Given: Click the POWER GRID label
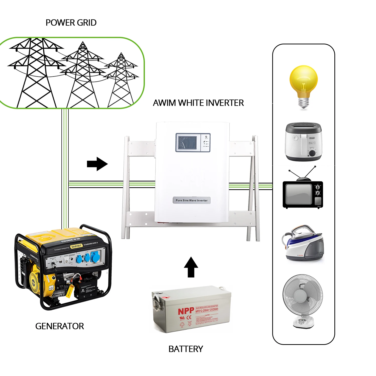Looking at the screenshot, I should pos(71,23).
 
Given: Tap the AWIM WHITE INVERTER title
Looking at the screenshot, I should pos(198,103).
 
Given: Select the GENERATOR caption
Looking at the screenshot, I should pos(60,326).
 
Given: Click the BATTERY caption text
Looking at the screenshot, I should pos(186,349).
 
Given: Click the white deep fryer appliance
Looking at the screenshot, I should pos(304,142).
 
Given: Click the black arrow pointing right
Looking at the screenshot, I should pos(97,164).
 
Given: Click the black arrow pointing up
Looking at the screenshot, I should pos(191,267).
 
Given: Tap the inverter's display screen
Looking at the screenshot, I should pos(187,142).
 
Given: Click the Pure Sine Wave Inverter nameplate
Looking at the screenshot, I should pos(192,200).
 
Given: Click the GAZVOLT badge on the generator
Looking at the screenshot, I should pos(76,246).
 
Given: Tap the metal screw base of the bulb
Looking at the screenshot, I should pos(304,103).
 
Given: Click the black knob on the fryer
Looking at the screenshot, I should pos(312,153).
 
